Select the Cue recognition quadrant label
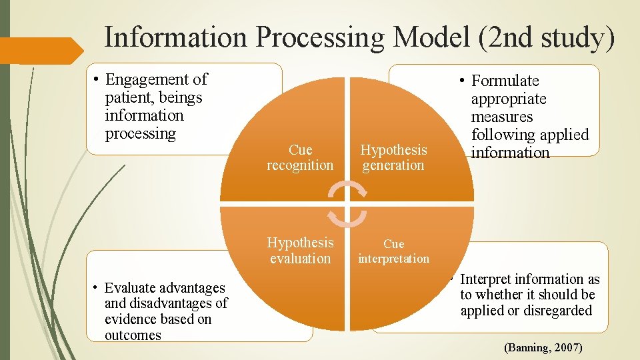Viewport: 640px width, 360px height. coord(300,158)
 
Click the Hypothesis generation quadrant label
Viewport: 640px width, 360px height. coord(393,158)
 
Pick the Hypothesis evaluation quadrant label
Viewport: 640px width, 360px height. coord(300,251)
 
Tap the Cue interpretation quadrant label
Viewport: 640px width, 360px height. coord(393,251)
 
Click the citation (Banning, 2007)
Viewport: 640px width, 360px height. coord(543,347)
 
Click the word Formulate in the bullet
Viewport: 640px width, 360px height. coord(505,81)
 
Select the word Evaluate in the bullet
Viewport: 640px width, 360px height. coord(132,288)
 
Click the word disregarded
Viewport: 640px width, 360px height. coord(559,311)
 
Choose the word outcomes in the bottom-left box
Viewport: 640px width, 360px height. coord(133,335)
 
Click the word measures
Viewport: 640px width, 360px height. coord(502,117)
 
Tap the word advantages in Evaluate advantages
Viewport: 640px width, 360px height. coord(193,288)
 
